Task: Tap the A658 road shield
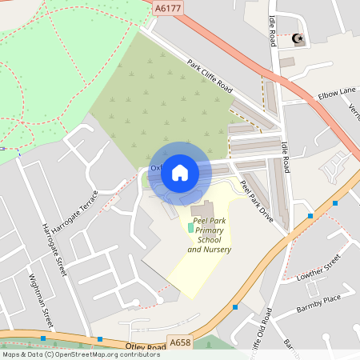(181, 342)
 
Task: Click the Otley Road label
(144, 346)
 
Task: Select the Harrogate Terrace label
(82, 210)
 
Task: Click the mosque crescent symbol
(298, 38)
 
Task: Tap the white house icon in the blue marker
(180, 172)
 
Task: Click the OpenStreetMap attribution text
(70, 354)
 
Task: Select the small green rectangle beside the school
(190, 228)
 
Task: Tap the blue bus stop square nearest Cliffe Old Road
(235, 306)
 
